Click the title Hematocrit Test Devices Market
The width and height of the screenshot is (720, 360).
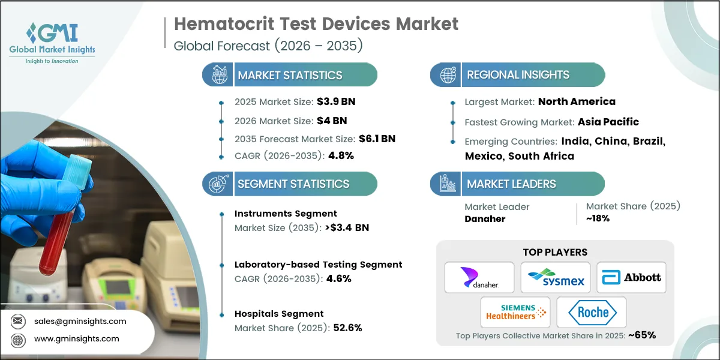[316, 24]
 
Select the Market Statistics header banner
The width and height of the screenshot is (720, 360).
[290, 75]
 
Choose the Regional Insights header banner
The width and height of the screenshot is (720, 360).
[518, 75]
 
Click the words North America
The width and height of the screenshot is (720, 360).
[577, 101]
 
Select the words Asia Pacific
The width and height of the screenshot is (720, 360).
[608, 122]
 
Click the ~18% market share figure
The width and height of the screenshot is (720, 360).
[598, 218]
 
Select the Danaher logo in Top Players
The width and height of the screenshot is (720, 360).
[479, 277]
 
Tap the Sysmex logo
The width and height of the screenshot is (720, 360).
[555, 277]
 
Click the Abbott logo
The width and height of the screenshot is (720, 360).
[631, 277]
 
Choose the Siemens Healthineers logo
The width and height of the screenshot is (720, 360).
[515, 312]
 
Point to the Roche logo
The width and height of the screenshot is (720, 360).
[591, 312]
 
